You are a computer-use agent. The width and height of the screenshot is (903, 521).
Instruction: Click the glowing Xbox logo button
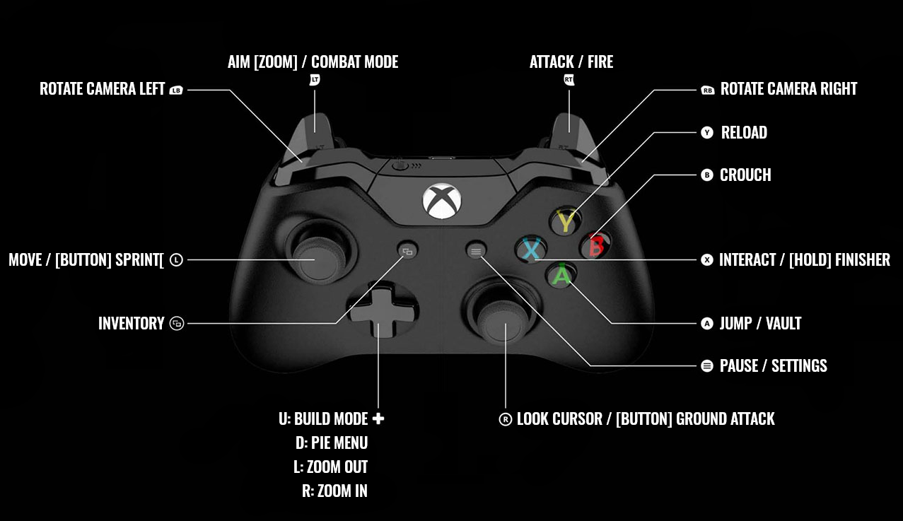coord(442,200)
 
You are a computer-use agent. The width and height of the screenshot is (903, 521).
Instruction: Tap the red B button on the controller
coord(595,245)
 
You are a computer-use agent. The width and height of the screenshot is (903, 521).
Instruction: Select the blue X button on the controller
coord(531,249)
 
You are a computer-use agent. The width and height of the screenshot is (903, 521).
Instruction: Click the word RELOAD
coord(744,133)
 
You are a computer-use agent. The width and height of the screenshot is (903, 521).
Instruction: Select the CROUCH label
coord(745,175)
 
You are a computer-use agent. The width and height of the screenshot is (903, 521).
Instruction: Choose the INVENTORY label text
coord(131,324)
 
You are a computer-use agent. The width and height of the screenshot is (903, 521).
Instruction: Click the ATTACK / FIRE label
coord(571,62)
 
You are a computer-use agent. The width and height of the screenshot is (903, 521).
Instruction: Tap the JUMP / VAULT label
coord(760,324)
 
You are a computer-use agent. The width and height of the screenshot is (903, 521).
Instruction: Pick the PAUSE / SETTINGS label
coord(773,366)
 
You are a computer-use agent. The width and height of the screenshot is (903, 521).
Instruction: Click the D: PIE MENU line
coord(332,443)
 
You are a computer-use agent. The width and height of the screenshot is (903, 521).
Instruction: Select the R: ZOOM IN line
coord(334,491)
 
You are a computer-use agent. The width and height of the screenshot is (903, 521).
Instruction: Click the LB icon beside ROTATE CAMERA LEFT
coord(176,90)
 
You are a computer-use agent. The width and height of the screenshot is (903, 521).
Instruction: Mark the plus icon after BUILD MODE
coord(378,418)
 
